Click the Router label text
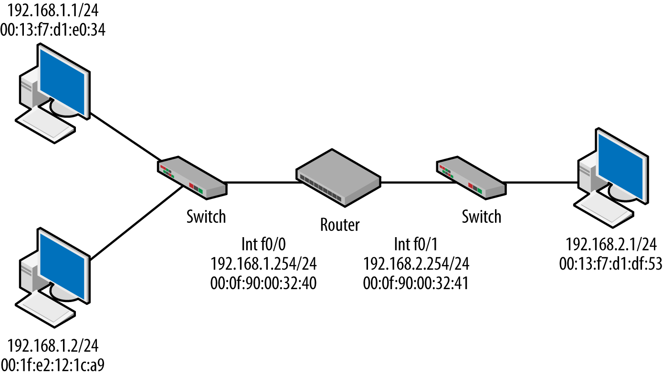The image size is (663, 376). [339, 224]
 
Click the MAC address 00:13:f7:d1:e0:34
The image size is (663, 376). [53, 30]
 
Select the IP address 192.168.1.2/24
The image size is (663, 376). [53, 345]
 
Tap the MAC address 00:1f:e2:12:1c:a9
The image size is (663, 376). [53, 366]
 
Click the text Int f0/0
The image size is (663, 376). [263, 244]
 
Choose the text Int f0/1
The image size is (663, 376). [416, 244]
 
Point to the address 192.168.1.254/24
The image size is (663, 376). [263, 263]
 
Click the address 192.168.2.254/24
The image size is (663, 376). [416, 263]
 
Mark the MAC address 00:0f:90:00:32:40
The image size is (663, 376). [263, 283]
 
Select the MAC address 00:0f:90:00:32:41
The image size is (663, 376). [416, 283]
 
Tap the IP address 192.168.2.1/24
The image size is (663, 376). [610, 245]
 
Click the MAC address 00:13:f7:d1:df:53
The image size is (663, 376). [610, 264]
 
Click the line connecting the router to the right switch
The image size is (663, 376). [408, 182]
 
